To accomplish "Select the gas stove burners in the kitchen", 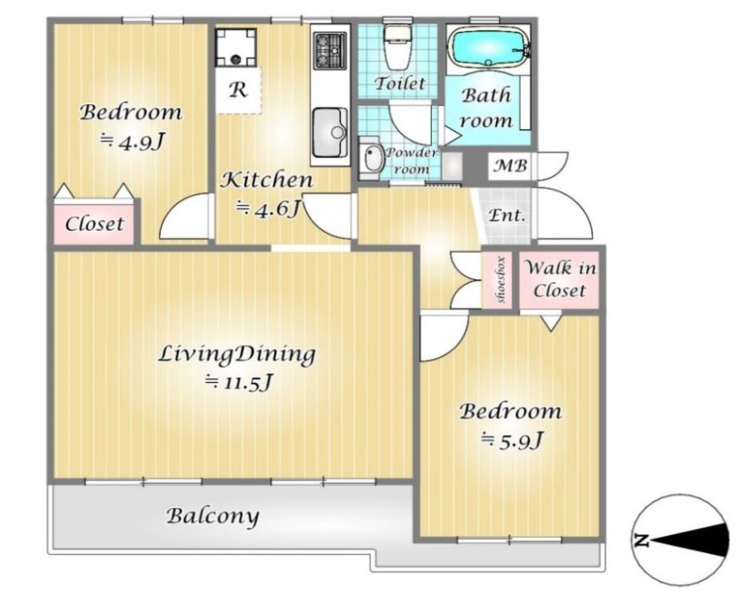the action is point(330,50).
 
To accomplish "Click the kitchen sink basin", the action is point(330,133).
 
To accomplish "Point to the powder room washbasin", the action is point(371,158).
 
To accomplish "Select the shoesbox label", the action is point(501,279).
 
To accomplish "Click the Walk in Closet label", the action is point(560,279).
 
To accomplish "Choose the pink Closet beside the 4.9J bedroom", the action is point(94,223).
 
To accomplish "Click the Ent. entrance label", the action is point(506,215).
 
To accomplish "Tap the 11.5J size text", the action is point(238,382).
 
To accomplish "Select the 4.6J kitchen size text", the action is point(268,208).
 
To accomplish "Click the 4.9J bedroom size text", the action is point(132,142).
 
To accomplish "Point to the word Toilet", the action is point(399,83).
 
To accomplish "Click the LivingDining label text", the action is point(236,355).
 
